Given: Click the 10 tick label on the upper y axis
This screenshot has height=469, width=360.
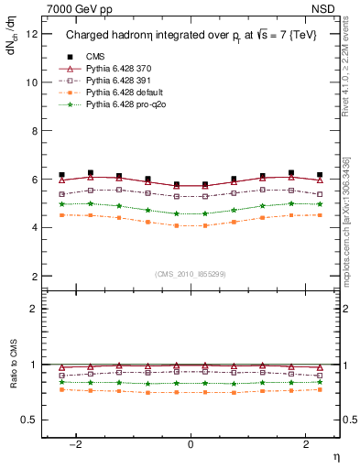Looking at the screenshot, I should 32,82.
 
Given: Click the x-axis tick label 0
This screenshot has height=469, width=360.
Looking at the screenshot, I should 191,444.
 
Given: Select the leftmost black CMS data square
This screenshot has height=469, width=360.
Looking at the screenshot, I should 61,174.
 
